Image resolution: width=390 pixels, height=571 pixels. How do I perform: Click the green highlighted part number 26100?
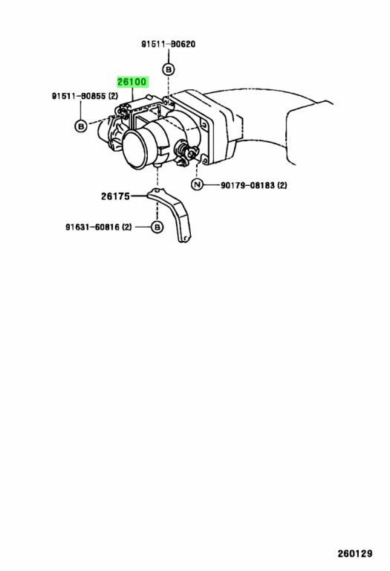point(132,82)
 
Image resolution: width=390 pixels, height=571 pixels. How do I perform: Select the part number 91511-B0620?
point(169,44)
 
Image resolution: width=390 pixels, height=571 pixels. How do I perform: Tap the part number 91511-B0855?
point(79,96)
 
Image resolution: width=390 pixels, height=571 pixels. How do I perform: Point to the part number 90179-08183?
point(248,185)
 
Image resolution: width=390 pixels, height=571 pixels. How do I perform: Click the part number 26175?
point(115,196)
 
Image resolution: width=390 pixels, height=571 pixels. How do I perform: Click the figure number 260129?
point(354,553)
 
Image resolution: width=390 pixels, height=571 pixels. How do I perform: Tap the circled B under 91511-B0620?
point(168,70)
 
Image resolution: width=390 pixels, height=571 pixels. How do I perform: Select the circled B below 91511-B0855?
point(81,126)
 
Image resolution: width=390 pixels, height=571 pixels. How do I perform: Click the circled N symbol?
point(197,185)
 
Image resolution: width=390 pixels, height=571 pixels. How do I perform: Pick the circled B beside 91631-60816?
point(157,228)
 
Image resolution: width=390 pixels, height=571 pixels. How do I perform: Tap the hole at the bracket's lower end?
point(185,238)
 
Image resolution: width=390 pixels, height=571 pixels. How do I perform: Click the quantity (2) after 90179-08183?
point(282,185)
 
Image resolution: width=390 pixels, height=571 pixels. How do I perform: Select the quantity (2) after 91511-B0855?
point(113,96)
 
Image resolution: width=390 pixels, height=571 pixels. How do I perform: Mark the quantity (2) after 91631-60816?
point(127,228)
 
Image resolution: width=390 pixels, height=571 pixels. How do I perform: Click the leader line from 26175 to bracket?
point(139,196)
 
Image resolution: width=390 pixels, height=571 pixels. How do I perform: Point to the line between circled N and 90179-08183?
point(212,185)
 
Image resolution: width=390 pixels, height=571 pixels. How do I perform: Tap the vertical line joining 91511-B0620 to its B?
point(169,57)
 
